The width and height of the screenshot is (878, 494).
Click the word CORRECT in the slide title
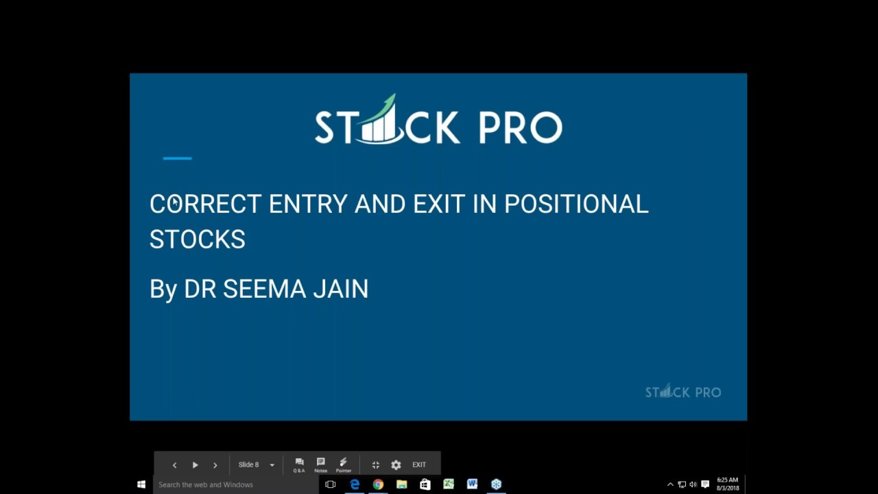205,204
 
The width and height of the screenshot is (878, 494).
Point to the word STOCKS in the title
198,239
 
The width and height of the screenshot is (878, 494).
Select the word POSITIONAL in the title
576,204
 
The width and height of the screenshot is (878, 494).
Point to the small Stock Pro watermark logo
683,392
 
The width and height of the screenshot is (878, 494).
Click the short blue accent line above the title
177,158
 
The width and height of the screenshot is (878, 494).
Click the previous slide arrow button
174,465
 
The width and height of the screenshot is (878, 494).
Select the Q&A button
299,464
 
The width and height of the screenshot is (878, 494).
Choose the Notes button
320,464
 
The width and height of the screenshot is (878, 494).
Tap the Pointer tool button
344,464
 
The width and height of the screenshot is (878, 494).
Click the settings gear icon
396,465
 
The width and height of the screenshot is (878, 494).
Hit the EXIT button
419,465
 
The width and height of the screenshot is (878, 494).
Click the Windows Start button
141,484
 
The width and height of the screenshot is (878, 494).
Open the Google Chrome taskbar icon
378,484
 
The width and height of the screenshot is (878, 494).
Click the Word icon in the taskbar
472,484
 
